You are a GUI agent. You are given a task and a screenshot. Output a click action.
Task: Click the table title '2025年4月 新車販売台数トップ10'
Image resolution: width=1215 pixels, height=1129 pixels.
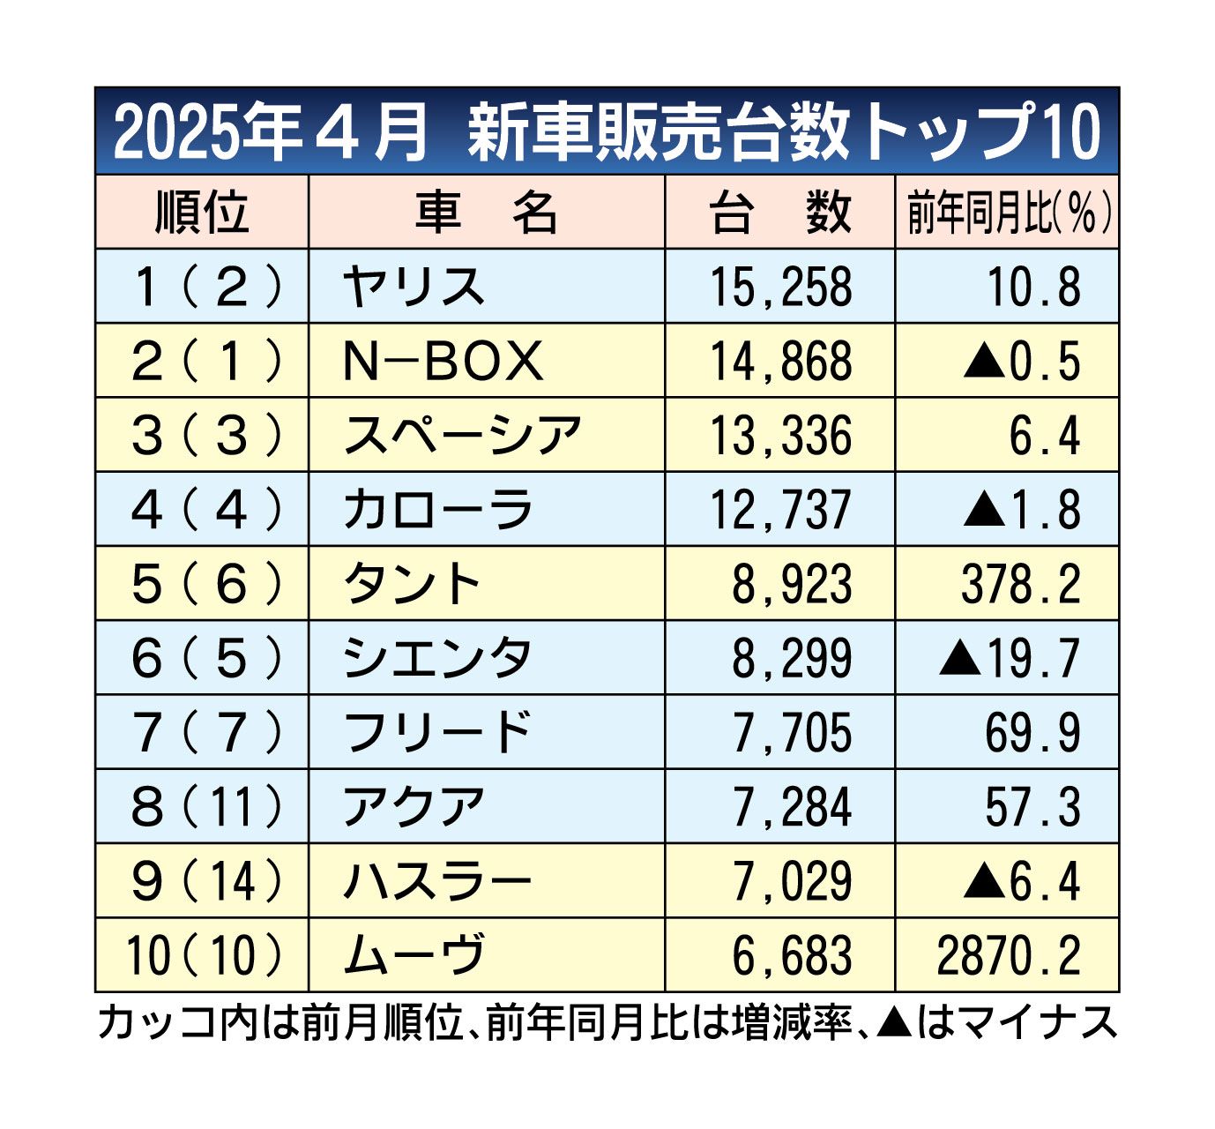pyautogui.click(x=607, y=132)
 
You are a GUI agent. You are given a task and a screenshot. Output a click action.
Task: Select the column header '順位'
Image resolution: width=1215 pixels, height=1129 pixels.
pyautogui.click(x=202, y=213)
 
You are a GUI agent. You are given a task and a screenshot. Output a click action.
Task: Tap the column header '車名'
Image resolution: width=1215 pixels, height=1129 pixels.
pyautogui.click(x=487, y=213)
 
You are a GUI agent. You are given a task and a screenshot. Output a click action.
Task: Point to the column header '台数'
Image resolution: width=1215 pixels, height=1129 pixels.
pyautogui.click(x=780, y=213)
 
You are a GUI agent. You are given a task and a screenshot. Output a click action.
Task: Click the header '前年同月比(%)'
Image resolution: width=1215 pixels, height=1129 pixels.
pyautogui.click(x=1008, y=213)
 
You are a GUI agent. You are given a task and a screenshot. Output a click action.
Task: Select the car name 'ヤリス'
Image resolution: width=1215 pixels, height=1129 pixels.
pyautogui.click(x=414, y=288)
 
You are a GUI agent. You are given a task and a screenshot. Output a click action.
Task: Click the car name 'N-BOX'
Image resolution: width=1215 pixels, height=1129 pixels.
pyautogui.click(x=443, y=362)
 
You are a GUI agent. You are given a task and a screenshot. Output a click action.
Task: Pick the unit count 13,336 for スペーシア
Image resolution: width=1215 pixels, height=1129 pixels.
pyautogui.click(x=781, y=436)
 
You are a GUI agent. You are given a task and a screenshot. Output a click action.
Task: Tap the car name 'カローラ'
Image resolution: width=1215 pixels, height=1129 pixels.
pyautogui.click(x=438, y=510)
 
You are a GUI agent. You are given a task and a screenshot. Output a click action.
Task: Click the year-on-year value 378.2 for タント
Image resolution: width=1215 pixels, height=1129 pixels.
pyautogui.click(x=1020, y=584)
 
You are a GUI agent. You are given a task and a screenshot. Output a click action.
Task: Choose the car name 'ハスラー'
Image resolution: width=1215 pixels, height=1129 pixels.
pyautogui.click(x=438, y=881)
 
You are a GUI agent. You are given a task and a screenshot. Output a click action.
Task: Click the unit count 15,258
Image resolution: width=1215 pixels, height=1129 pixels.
pyautogui.click(x=781, y=288)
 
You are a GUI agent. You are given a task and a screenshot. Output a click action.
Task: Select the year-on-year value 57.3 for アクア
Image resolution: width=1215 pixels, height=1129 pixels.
pyautogui.click(x=1032, y=807)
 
